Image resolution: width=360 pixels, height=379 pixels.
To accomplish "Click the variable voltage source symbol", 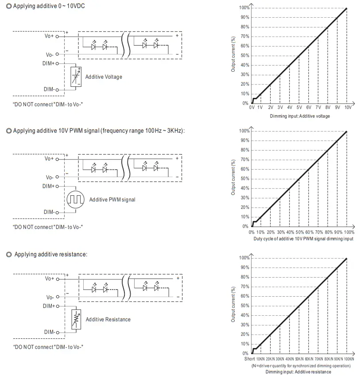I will point(76,77).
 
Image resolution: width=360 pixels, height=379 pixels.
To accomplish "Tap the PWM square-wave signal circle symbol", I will point(75,199).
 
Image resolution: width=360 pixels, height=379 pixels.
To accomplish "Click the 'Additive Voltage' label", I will point(104,77).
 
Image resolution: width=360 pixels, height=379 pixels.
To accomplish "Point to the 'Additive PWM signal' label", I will point(112,200).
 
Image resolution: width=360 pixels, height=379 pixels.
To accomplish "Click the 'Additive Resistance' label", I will point(108,319).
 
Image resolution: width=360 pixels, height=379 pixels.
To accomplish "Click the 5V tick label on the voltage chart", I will point(299,108).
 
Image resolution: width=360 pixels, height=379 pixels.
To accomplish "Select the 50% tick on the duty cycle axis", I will point(299,232).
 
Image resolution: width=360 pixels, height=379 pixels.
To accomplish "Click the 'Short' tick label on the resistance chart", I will point(249,359).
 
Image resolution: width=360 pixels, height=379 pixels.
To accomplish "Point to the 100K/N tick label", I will point(348,359).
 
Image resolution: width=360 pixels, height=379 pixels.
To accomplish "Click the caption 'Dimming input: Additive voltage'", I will point(300,116).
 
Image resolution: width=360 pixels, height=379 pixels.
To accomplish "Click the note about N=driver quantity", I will point(301,366).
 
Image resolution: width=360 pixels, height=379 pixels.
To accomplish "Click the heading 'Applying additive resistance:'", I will point(50,254).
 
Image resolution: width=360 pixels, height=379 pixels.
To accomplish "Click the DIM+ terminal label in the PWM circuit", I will point(48,186).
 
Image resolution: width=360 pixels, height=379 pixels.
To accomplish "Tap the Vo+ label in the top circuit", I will point(49,36).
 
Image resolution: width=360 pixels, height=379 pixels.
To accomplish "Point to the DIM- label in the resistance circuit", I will point(49,332).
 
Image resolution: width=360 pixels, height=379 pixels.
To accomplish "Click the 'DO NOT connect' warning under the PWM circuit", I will point(48,227).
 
